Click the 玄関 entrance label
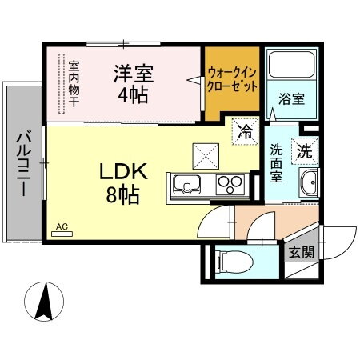click(x=302, y=253)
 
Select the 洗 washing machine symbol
click(x=306, y=148)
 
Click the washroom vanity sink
click(x=307, y=186)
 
